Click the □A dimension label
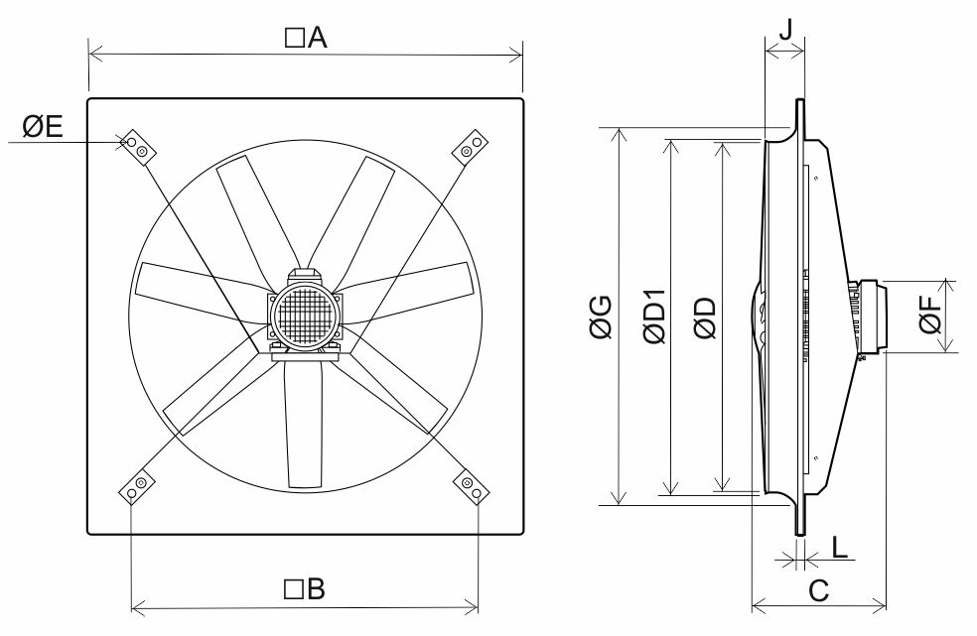click(306, 38)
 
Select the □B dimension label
click(305, 590)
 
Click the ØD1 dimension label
click(653, 318)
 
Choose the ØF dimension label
click(932, 317)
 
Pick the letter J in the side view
click(785, 28)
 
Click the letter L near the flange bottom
click(839, 547)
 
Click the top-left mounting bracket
click(136, 146)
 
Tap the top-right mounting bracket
click(470, 147)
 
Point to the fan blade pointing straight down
click(303, 427)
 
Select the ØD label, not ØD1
click(706, 318)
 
